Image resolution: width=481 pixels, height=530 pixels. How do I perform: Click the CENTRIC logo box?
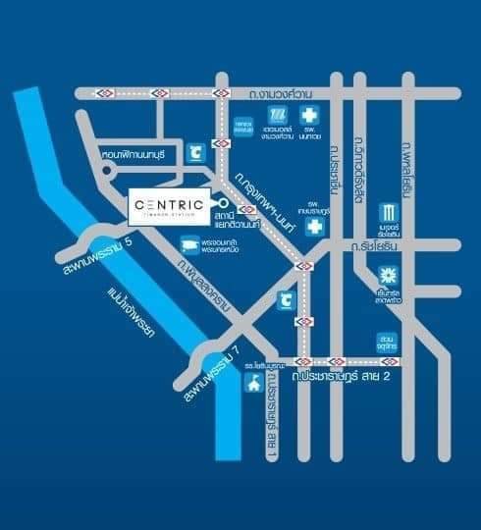[x=168, y=206]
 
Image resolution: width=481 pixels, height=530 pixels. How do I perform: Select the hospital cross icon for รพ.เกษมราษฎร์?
[x=314, y=227]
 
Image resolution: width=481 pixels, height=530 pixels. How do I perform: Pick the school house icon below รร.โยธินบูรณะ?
[x=252, y=382]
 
